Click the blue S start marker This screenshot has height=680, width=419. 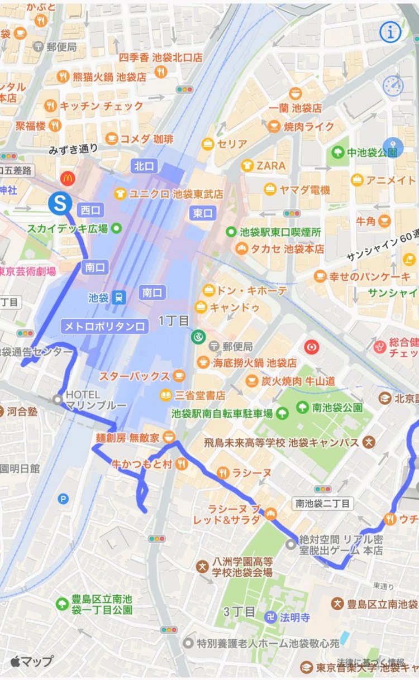click(x=59, y=203)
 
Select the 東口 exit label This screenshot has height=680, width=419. click(x=203, y=213)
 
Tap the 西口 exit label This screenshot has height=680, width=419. click(x=89, y=210)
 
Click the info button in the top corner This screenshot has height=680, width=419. click(x=391, y=32)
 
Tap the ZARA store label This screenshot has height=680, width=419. click(x=271, y=165)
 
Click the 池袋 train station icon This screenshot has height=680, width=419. click(x=118, y=298)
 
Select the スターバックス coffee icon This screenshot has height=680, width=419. click(x=179, y=376)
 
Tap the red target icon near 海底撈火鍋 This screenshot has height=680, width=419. click(x=311, y=347)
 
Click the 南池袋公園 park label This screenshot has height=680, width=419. click(x=337, y=407)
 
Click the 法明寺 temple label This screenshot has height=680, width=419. click(x=295, y=617)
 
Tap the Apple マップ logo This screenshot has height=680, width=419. click(x=32, y=662)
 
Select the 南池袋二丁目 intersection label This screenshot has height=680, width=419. click(x=323, y=504)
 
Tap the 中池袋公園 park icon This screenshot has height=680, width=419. click(x=337, y=152)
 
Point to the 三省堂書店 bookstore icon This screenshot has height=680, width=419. click(x=165, y=395)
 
